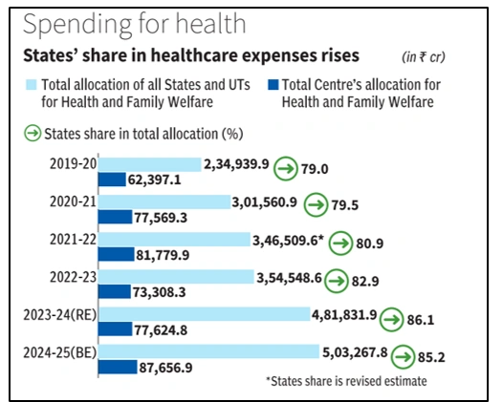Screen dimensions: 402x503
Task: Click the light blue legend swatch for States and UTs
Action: tap(34, 84)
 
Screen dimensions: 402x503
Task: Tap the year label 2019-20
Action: tap(74, 164)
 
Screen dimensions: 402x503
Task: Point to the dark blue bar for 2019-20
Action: tap(112, 179)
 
